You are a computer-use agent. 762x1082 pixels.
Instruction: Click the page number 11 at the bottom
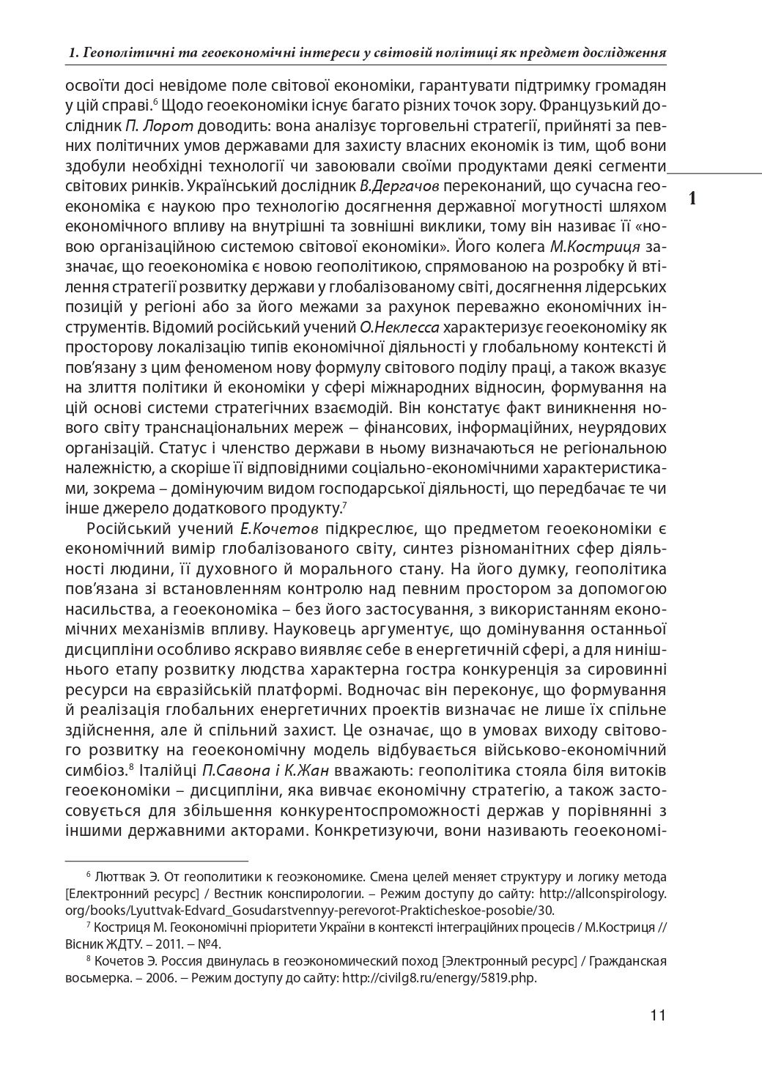[657, 1015]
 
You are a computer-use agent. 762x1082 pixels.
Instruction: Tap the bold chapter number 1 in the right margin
[693, 198]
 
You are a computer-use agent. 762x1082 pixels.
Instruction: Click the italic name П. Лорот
[150, 125]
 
